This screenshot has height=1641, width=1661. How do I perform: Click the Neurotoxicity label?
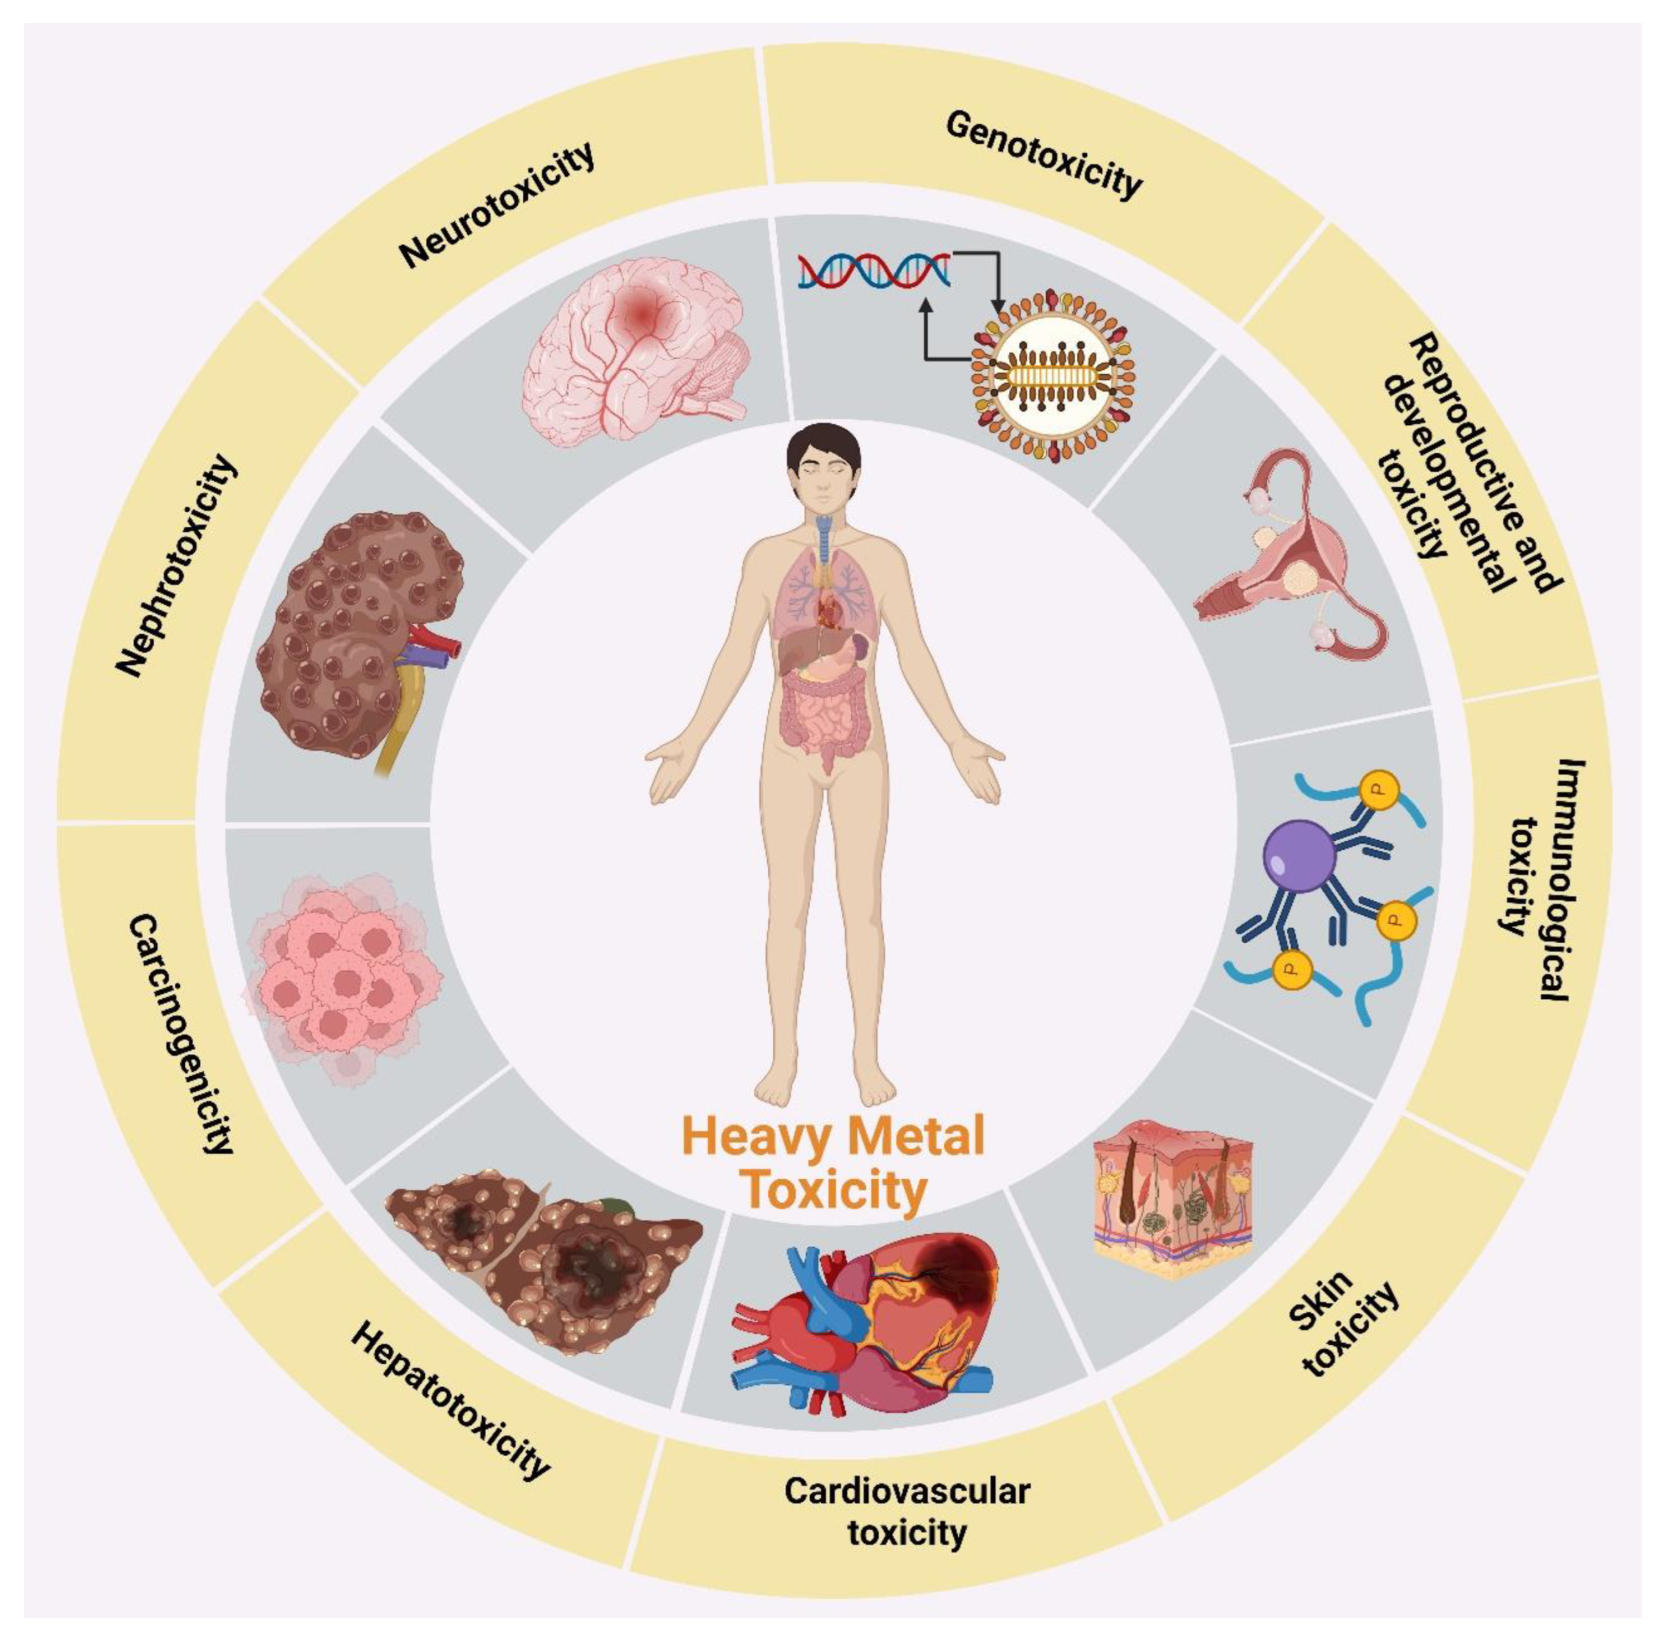click(497, 206)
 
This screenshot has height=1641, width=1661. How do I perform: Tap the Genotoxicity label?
click(1044, 156)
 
